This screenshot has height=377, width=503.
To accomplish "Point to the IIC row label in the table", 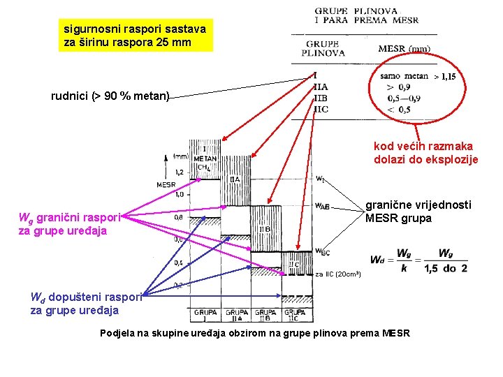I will (x=321, y=109).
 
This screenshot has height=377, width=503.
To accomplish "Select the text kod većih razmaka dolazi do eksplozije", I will (x=425, y=153).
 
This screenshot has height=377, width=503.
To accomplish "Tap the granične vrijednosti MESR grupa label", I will (x=418, y=211).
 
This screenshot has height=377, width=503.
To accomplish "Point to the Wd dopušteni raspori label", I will (x=86, y=303).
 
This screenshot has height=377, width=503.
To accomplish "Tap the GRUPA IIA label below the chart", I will (x=238, y=315).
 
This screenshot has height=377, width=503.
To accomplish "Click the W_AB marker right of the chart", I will (x=322, y=207).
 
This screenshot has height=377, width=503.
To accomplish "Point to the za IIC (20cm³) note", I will (x=337, y=274).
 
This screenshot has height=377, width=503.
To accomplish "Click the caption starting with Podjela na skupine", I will (x=255, y=332).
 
